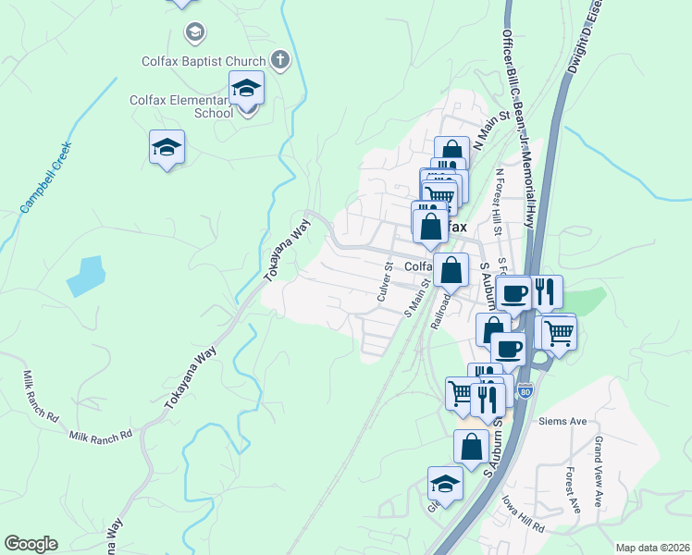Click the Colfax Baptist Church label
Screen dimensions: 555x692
[204, 62]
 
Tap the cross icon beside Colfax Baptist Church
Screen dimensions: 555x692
[279, 62]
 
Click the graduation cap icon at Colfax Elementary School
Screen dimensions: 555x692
[247, 88]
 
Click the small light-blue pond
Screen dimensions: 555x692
[85, 276]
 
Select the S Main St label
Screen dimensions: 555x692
[418, 299]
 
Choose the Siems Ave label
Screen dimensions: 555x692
[562, 422]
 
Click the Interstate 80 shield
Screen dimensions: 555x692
[525, 392]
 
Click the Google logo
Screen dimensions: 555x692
[31, 544]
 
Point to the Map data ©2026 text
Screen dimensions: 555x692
[651, 548]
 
